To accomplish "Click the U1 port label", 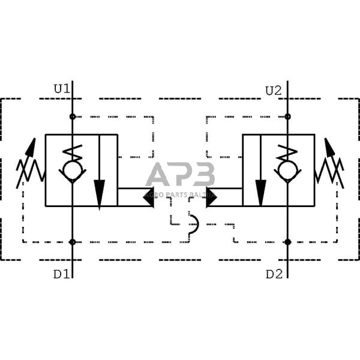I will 62,89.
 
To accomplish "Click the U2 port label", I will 273,91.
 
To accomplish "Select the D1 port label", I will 61,274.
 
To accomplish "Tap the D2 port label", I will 274,274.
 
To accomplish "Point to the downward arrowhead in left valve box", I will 100,193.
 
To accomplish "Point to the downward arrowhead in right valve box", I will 261,193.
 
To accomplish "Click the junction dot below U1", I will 73,116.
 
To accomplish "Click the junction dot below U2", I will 288,116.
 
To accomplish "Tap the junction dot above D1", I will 73,242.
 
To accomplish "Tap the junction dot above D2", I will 288,242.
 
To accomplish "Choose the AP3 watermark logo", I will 180,175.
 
